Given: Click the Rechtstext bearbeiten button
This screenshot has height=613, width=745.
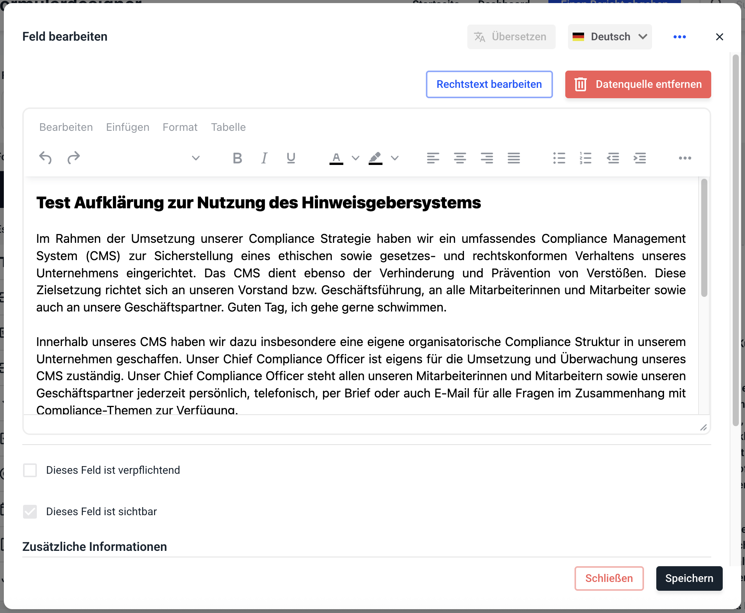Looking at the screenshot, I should [x=489, y=84].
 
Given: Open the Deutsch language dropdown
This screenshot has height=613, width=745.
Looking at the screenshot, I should [x=610, y=37].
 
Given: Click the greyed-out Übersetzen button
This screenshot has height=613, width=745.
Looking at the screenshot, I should [x=511, y=37].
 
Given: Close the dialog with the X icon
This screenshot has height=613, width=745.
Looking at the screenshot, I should [x=719, y=37].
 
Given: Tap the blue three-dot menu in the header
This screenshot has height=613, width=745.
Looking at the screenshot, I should [x=679, y=37].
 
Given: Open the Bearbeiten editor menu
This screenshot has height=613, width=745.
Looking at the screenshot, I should [x=66, y=127].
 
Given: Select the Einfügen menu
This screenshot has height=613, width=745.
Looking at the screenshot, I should [x=127, y=127].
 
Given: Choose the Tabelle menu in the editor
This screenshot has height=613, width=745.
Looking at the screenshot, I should [x=228, y=127].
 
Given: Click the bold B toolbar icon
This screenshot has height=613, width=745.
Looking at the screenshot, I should [x=237, y=158].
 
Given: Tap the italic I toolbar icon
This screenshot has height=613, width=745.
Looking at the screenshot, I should [x=264, y=158].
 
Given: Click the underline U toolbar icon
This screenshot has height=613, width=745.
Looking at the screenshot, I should [x=291, y=158].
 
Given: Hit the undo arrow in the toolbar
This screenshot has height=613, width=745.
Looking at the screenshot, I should [x=45, y=158].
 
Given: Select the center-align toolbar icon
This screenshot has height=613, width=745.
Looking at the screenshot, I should [x=460, y=158].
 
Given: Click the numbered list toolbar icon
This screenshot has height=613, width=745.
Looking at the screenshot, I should [x=586, y=158].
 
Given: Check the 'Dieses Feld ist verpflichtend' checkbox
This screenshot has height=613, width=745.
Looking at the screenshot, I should [x=30, y=470].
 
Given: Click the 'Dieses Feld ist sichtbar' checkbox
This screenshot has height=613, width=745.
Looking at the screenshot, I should [x=30, y=512].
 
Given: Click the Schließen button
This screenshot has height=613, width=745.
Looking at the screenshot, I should [x=609, y=578].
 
